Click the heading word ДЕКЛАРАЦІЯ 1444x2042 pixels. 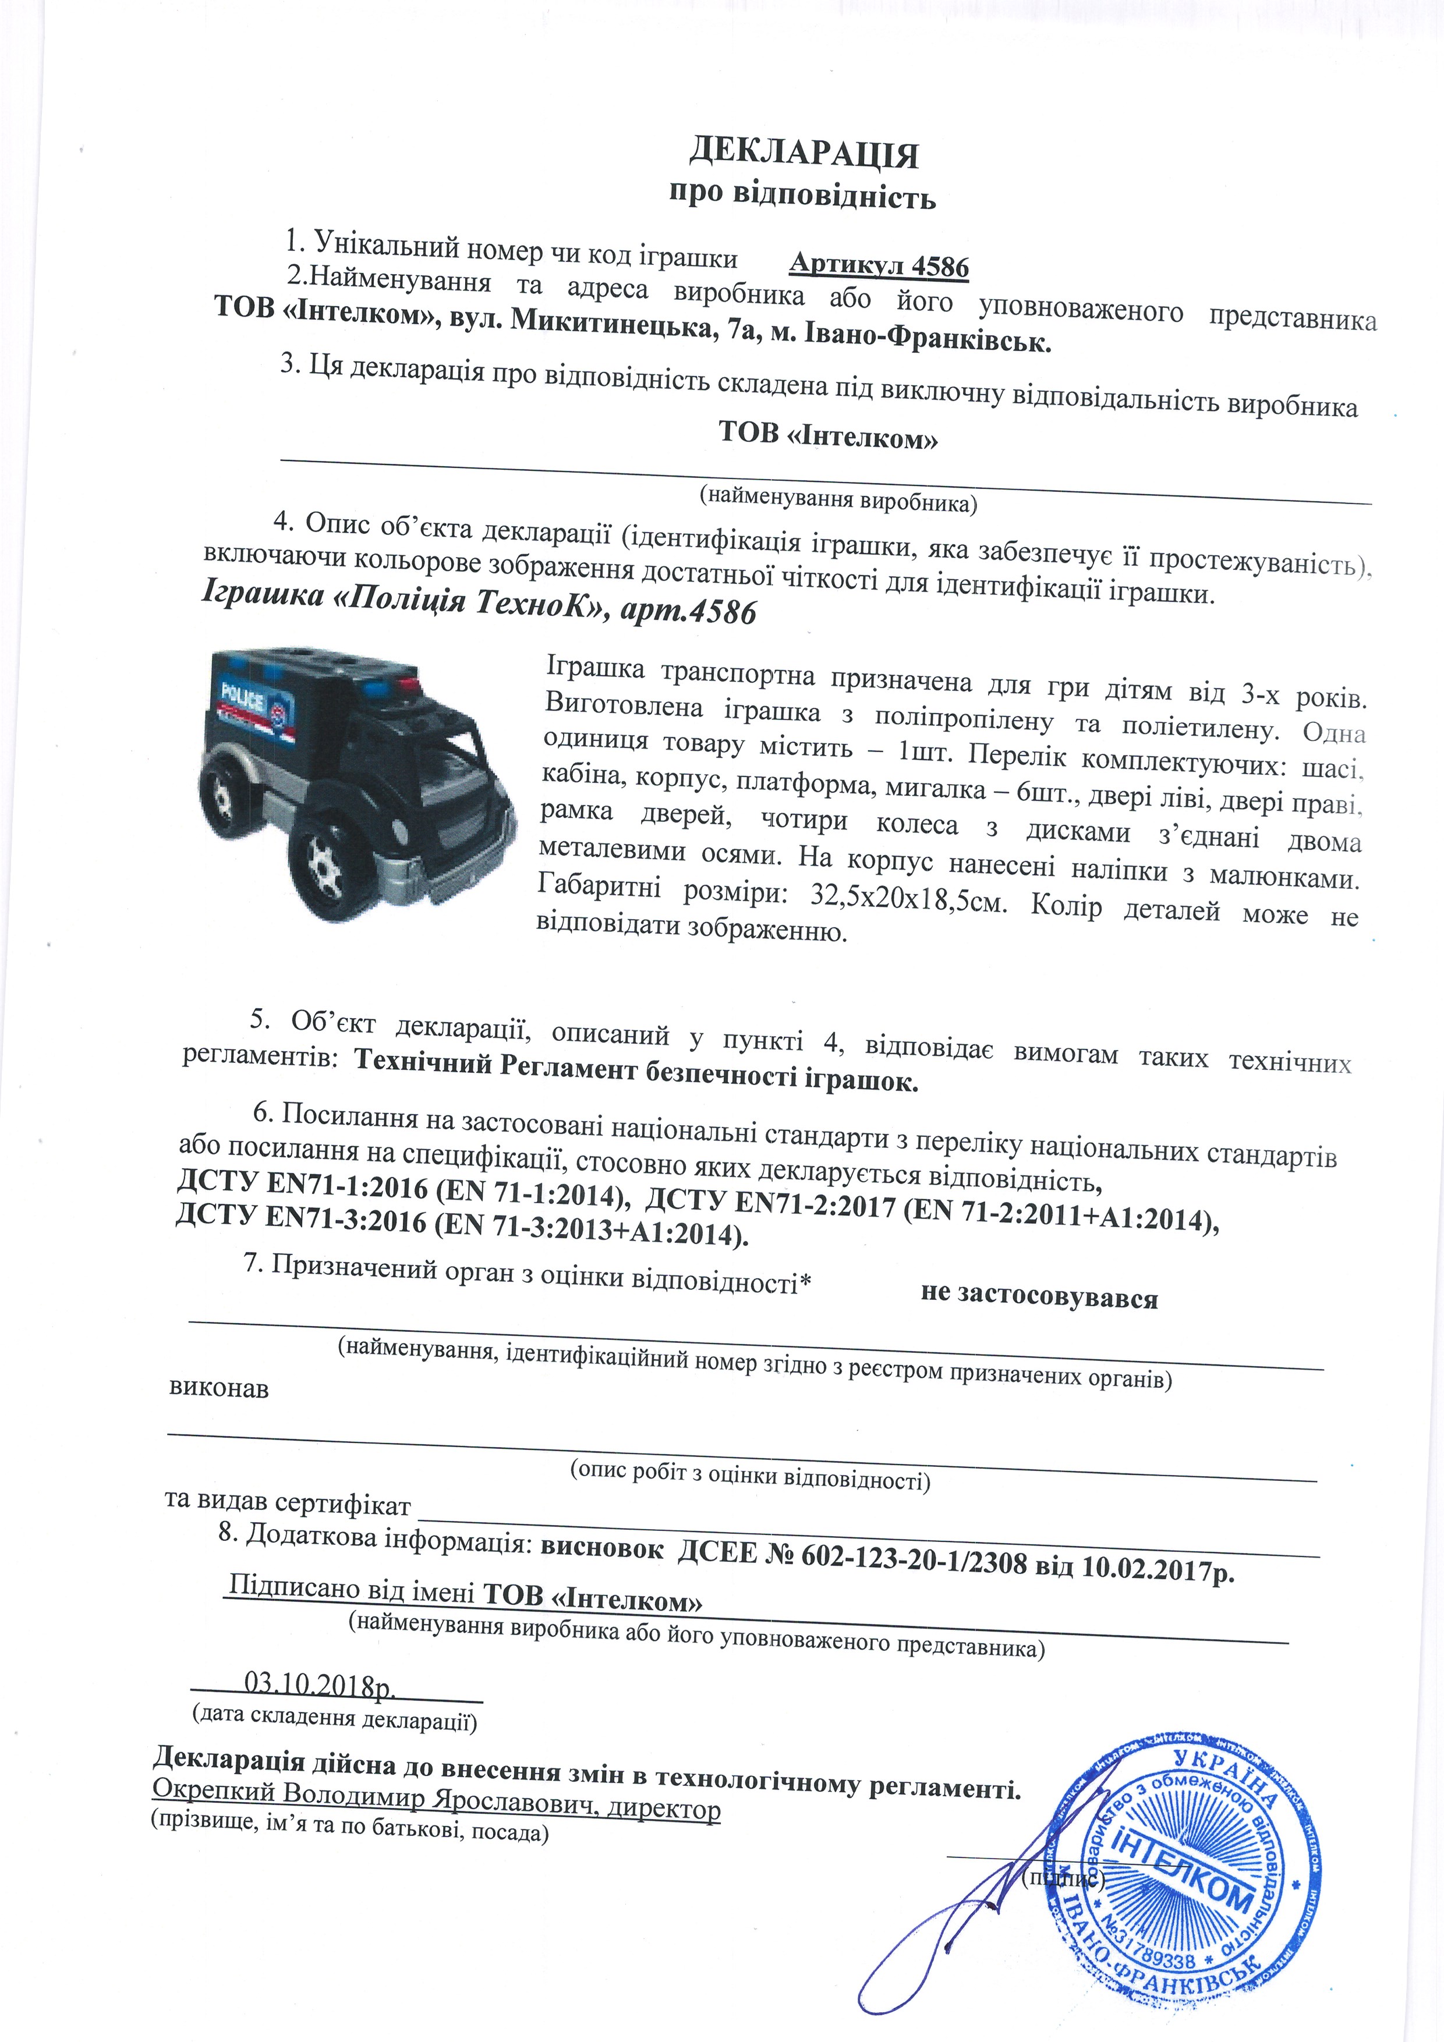tap(804, 154)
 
